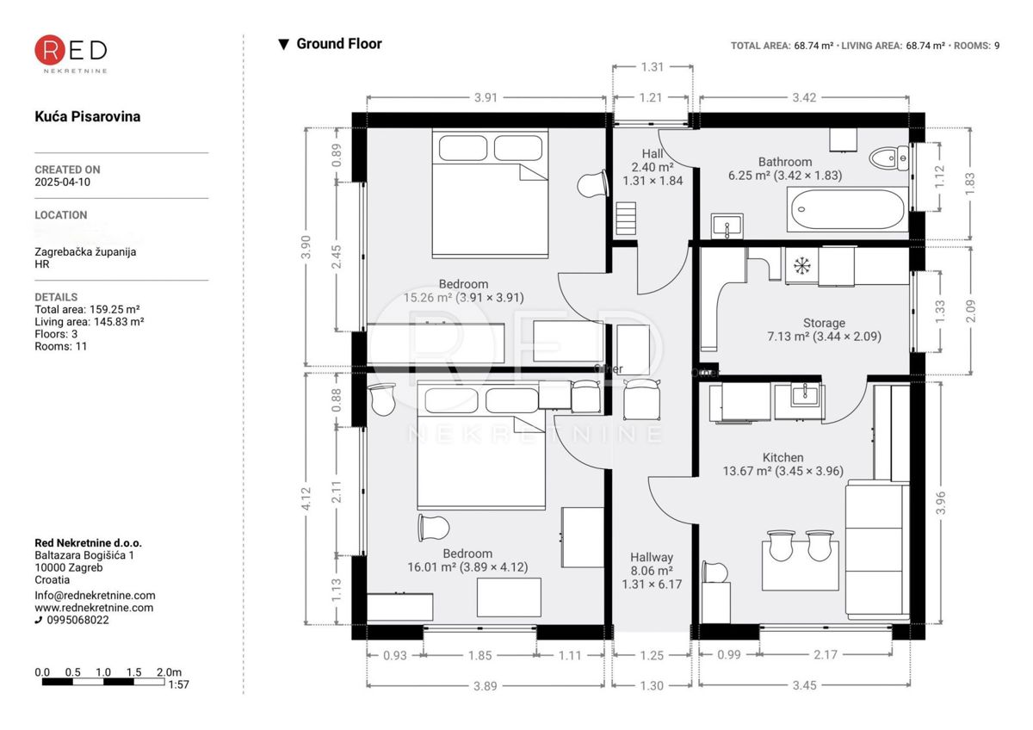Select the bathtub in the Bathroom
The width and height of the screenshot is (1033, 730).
click(x=846, y=209)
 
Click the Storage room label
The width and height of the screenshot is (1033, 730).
click(x=824, y=324)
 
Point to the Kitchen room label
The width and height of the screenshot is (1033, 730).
click(x=782, y=458)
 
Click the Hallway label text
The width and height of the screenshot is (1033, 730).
click(x=651, y=557)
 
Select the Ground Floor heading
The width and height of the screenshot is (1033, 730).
click(x=338, y=44)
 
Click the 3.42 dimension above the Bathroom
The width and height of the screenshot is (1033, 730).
click(x=803, y=97)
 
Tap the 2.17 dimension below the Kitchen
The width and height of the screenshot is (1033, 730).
click(x=824, y=655)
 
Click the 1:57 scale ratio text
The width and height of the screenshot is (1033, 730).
click(x=180, y=685)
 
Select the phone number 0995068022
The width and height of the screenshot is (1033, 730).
click(x=78, y=620)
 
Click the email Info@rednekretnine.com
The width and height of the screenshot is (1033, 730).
click(x=95, y=595)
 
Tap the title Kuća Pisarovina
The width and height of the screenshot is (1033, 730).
click(x=87, y=116)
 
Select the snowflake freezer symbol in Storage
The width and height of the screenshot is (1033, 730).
click(x=801, y=266)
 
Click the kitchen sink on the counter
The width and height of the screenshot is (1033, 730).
click(x=799, y=399)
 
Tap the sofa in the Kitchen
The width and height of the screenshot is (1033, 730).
click(x=876, y=551)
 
